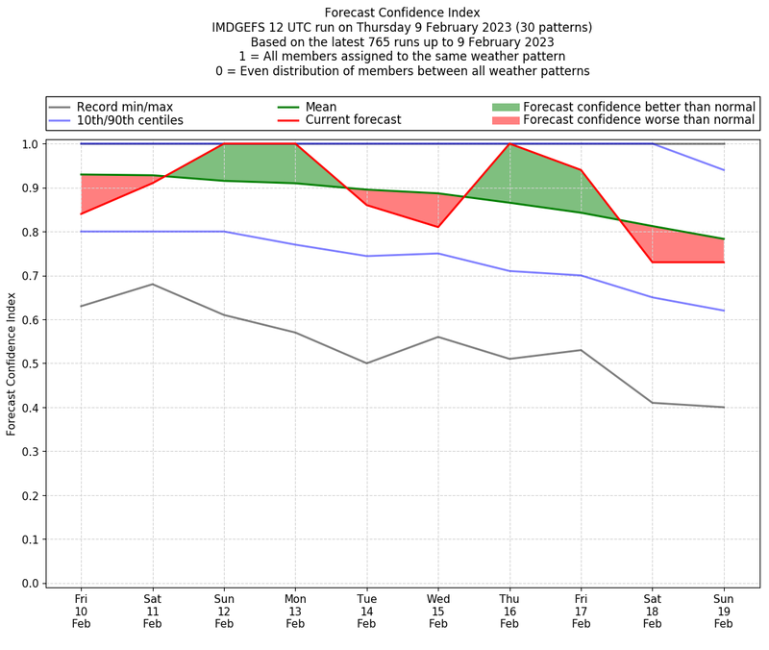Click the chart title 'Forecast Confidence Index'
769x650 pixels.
coord(402,12)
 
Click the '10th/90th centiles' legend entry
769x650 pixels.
coord(130,120)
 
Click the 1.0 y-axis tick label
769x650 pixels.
coord(29,144)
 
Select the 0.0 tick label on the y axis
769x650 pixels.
coord(29,584)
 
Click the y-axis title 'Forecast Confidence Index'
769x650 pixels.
coord(12,363)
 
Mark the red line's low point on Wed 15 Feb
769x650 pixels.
coord(438,227)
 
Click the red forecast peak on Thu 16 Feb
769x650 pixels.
coord(509,144)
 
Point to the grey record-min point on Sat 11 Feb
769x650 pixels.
coord(152,284)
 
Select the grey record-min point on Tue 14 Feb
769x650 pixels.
coord(366,363)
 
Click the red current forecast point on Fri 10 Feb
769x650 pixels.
coord(81,213)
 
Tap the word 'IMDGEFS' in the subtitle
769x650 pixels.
coord(244,27)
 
